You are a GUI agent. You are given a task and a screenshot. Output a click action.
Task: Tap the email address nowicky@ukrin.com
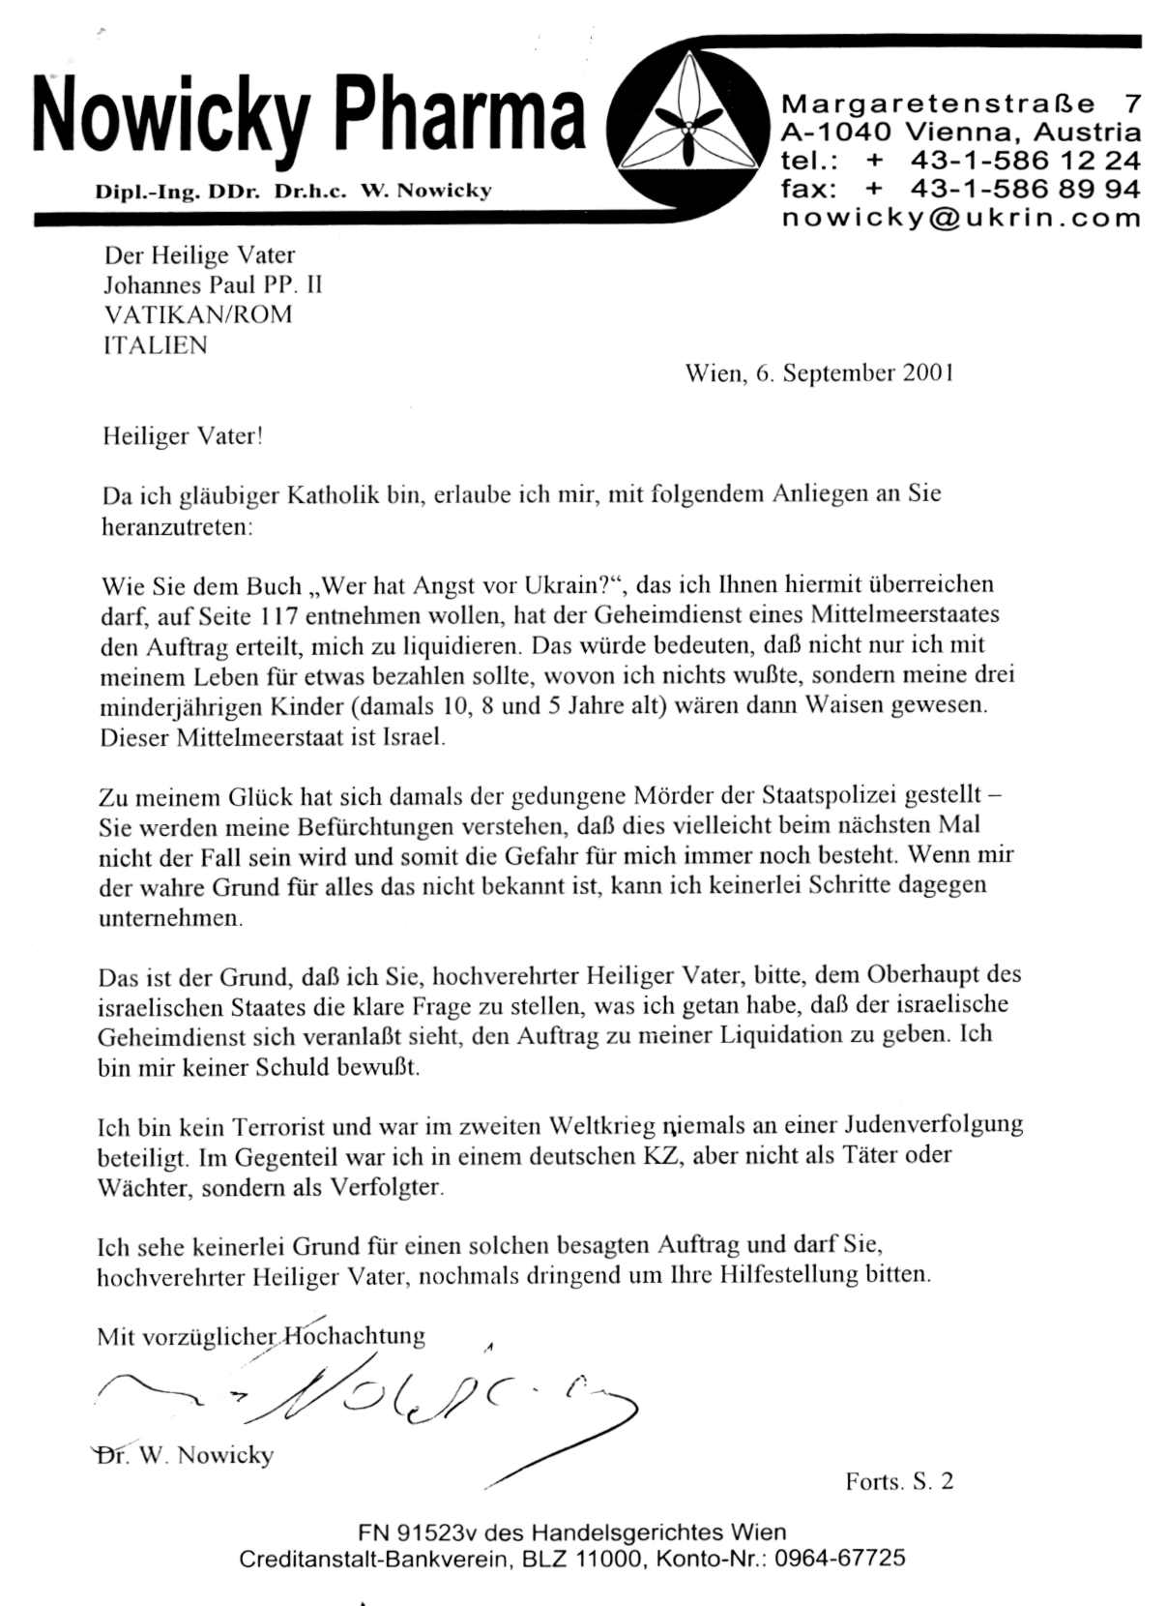pyautogui.click(x=961, y=218)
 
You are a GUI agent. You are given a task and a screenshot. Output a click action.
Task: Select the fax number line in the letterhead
pyautogui.click(x=961, y=189)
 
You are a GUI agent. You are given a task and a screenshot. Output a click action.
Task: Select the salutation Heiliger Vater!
pyautogui.click(x=183, y=436)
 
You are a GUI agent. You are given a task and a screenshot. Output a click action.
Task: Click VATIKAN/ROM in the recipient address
pyautogui.click(x=197, y=315)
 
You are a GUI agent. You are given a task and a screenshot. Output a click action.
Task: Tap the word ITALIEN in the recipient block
pyautogui.click(x=155, y=345)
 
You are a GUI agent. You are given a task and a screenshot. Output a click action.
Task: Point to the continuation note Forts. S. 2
pyautogui.click(x=899, y=1481)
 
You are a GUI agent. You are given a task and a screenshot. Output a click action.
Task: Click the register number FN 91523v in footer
pyautogui.click(x=418, y=1532)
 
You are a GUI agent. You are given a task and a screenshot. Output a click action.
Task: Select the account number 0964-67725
pyautogui.click(x=840, y=1559)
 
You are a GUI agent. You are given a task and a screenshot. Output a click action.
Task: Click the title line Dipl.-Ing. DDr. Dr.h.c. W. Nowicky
pyautogui.click(x=293, y=191)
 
